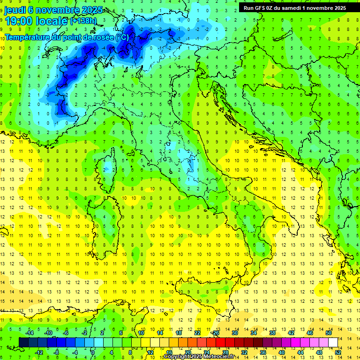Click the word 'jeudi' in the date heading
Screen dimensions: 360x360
click(x=15, y=10)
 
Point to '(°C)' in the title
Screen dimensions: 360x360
click(x=122, y=37)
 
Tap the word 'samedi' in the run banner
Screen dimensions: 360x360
click(x=292, y=8)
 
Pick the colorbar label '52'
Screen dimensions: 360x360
click(x=337, y=352)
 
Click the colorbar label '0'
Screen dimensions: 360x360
click(x=93, y=352)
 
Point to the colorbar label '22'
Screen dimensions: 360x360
click(x=197, y=333)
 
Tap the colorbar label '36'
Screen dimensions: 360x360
click(x=262, y=352)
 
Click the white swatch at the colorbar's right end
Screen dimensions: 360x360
click(x=333, y=343)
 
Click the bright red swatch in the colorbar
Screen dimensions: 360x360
click(x=220, y=343)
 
